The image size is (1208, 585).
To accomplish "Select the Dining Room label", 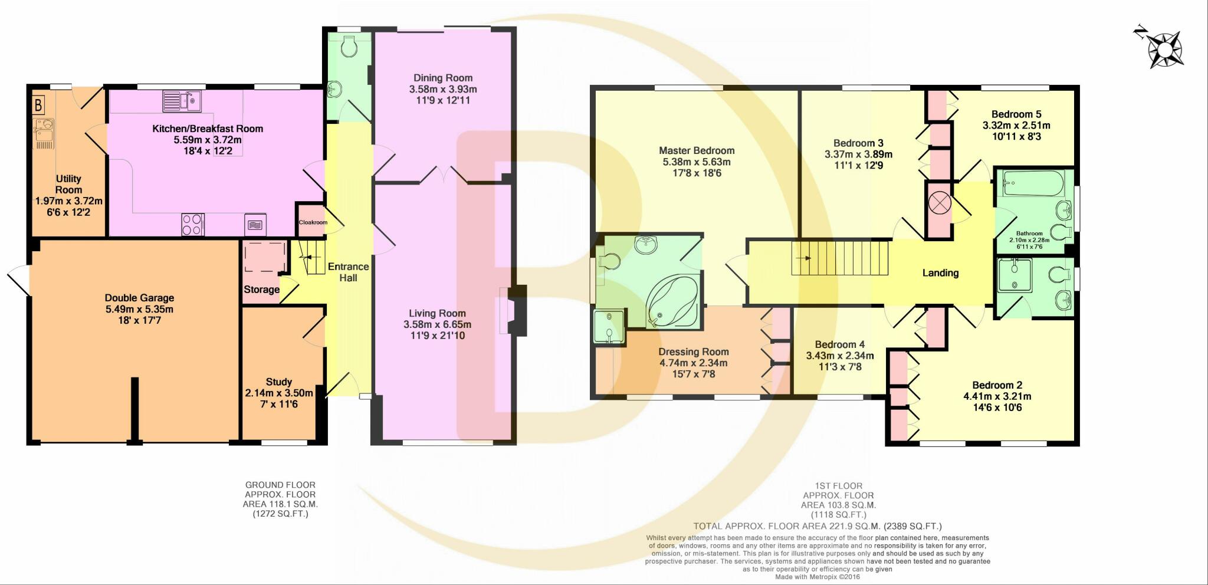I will tap(442, 78).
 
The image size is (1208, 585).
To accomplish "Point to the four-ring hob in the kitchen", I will tap(192, 224).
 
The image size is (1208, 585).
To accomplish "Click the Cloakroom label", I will tap(313, 222).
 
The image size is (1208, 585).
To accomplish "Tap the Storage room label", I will tap(261, 290).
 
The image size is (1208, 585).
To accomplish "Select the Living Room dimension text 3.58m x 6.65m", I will tap(437, 324).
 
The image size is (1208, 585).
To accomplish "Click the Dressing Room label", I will tap(693, 352).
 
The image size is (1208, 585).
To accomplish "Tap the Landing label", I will tap(940, 273).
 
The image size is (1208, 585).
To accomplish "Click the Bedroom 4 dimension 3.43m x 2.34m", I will tap(839, 356).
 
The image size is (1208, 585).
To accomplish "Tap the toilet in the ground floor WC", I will tap(349, 47).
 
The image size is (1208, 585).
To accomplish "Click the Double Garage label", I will tap(139, 298).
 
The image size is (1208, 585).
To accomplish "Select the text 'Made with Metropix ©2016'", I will tap(817, 577).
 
